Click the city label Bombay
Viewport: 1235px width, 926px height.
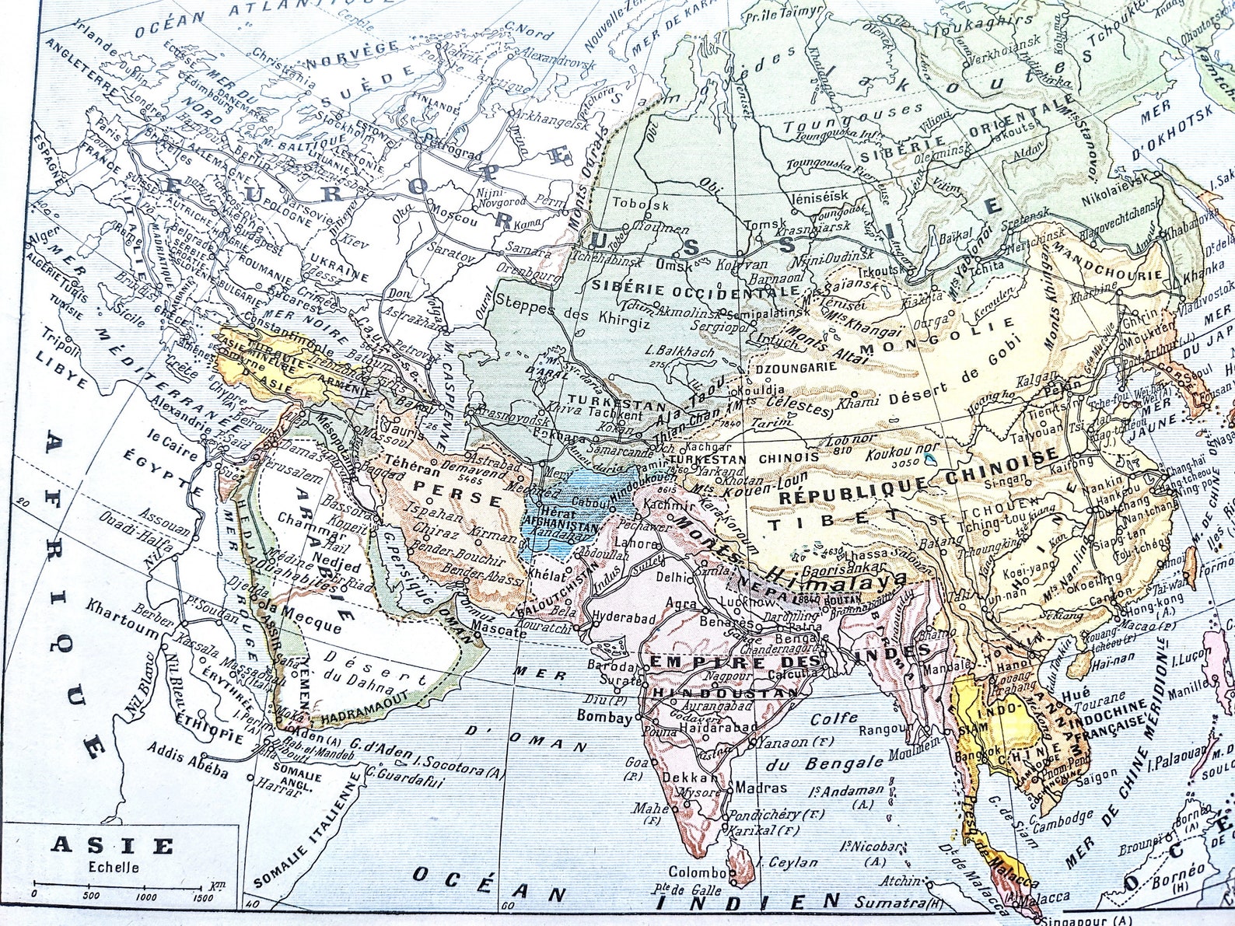(x=604, y=717)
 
